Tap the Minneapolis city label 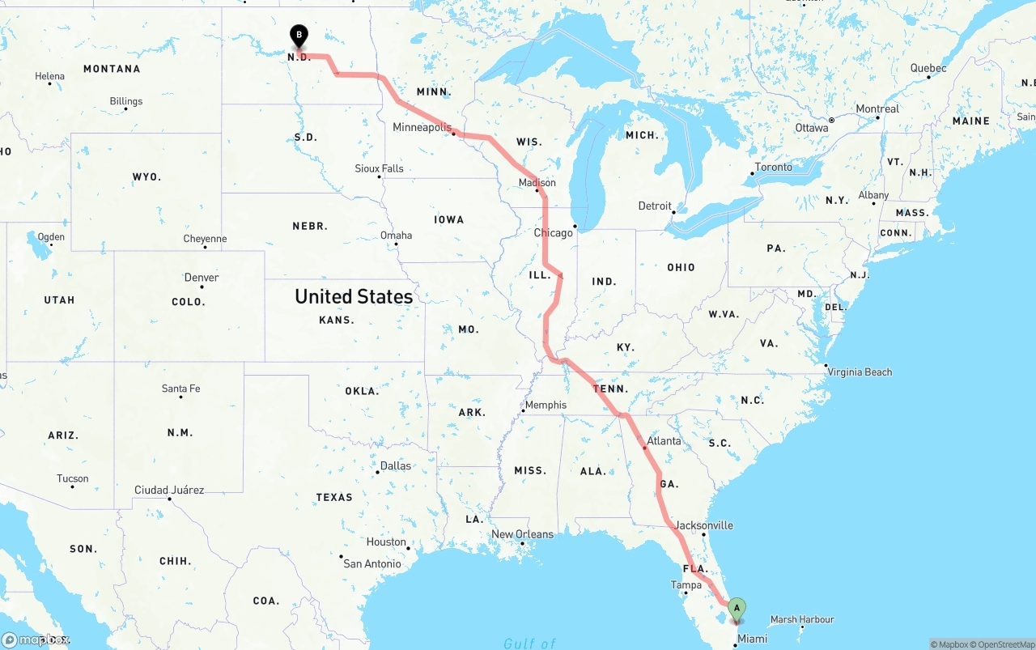click(x=421, y=127)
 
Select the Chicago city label click(x=553, y=232)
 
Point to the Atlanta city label click(x=664, y=440)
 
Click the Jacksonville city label click(x=703, y=525)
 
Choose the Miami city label click(x=752, y=639)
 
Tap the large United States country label click(x=354, y=296)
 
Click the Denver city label click(x=201, y=277)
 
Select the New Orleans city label click(x=522, y=533)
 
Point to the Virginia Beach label click(x=860, y=372)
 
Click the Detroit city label click(x=655, y=206)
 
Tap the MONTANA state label click(x=112, y=69)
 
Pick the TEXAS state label click(x=334, y=497)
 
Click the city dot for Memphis click(x=524, y=411)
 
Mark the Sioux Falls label click(x=379, y=168)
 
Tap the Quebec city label click(x=928, y=68)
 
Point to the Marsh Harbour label click(x=801, y=619)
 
